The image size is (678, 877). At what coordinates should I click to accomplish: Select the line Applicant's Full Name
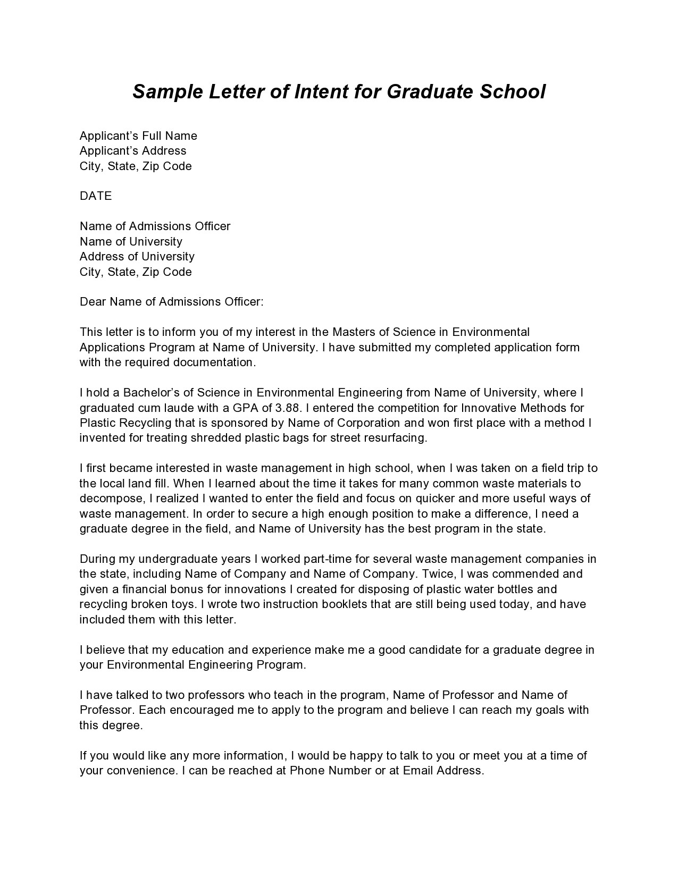pyautogui.click(x=138, y=136)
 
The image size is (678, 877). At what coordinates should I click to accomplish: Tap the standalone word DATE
pyautogui.click(x=96, y=196)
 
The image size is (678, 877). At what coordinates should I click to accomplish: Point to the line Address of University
pyautogui.click(x=137, y=257)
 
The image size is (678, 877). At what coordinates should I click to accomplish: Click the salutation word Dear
pyautogui.click(x=93, y=302)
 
